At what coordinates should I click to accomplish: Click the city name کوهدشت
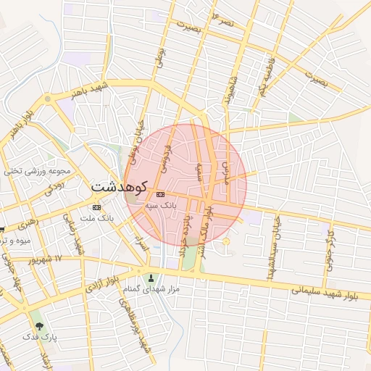[119, 186]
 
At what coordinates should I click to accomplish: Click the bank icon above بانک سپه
[160, 194]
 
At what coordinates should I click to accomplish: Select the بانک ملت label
[97, 218]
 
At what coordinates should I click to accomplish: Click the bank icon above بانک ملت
[97, 207]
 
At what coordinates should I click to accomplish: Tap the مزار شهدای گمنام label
[151, 291]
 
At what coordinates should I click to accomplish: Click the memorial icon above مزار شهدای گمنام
[151, 278]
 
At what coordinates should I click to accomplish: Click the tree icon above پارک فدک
[39, 327]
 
